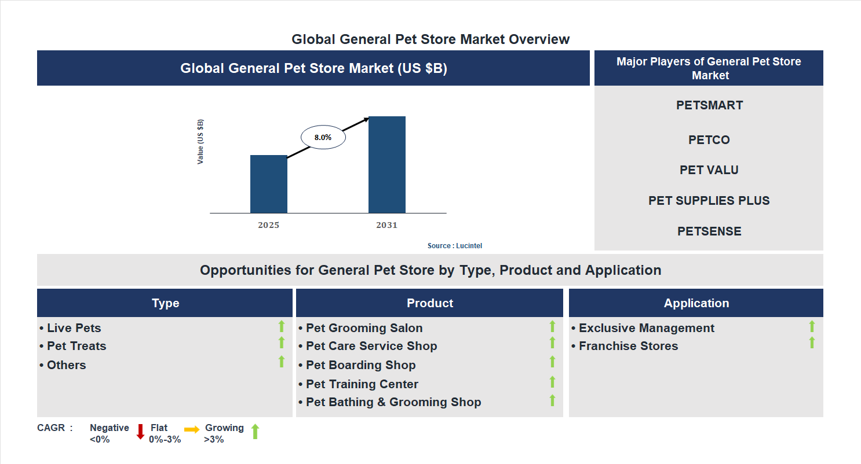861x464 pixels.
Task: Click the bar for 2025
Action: point(268,184)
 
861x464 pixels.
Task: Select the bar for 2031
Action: point(386,165)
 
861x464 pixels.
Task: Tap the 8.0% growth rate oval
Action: point(323,138)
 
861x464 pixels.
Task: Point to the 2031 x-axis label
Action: point(386,225)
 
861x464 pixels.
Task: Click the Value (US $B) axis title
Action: point(200,142)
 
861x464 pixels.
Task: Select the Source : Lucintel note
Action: point(454,246)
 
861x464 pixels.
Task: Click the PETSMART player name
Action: point(709,105)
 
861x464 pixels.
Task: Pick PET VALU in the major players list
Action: point(709,170)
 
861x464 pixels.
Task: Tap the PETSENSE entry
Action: point(709,231)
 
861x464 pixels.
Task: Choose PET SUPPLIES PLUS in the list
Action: point(709,201)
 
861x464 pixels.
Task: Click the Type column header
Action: point(165,303)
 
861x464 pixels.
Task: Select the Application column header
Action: point(696,303)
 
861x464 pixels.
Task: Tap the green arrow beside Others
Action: point(282,362)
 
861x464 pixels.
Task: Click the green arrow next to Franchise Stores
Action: point(812,343)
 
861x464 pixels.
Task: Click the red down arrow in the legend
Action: point(140,432)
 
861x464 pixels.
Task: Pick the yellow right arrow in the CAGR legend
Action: point(192,429)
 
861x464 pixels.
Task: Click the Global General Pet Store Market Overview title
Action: point(430,39)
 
